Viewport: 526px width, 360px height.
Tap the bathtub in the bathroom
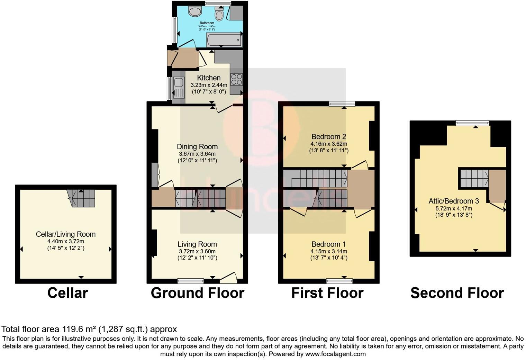coord(224,40)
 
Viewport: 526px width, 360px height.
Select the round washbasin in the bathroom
coord(195,11)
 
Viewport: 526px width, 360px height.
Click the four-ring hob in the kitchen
coord(236,79)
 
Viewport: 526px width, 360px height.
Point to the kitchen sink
coord(179,87)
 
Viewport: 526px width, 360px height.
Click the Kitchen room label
coord(209,78)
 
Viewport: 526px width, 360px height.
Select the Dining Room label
coord(197,147)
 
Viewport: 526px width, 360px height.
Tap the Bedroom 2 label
coord(329,136)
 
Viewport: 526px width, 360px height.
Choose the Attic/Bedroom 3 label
coord(454,201)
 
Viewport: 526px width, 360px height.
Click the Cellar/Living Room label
coord(66,234)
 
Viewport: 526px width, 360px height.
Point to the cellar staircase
coord(81,198)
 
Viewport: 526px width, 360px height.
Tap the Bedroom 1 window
coord(339,281)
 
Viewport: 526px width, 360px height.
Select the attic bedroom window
coord(472,123)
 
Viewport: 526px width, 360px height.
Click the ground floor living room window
coord(190,281)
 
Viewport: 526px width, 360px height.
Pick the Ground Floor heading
coord(198,293)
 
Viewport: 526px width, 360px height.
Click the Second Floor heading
coord(457,293)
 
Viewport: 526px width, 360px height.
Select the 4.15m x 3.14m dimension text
coord(329,251)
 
